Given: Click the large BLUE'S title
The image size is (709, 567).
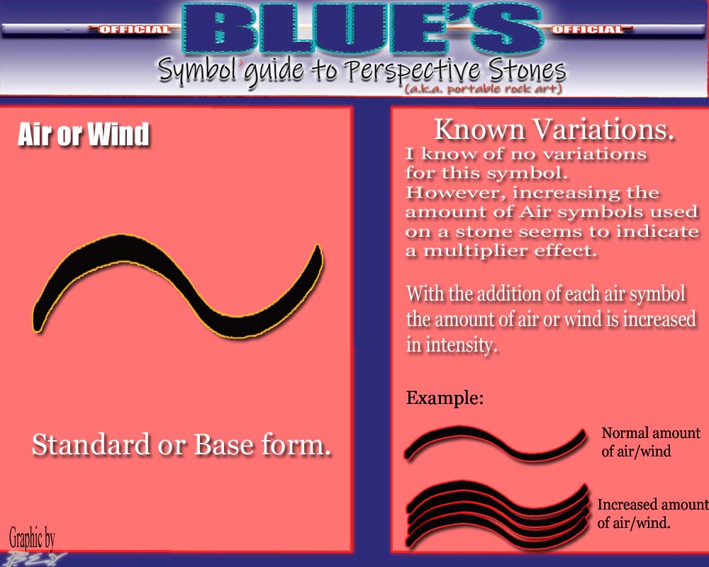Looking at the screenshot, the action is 362,30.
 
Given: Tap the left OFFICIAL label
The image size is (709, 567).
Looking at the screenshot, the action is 134,30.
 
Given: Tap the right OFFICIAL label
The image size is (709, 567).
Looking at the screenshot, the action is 588,29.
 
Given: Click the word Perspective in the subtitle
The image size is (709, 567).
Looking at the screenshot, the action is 411,72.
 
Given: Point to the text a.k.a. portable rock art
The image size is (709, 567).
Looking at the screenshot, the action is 484,88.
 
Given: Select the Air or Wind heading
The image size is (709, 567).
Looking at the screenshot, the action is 84,134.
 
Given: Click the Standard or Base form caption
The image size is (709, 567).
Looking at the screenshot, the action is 182,444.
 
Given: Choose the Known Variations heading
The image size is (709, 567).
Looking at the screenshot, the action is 554,129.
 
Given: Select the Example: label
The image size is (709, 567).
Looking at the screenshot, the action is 445,398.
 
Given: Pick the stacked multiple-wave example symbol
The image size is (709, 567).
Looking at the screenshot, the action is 498,515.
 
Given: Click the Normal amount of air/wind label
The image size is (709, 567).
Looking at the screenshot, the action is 651,442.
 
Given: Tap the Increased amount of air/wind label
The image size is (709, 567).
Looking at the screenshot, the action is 652,514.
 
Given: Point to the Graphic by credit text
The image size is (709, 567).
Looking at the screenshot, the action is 32,538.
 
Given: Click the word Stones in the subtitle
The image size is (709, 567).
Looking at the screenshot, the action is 527,70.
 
